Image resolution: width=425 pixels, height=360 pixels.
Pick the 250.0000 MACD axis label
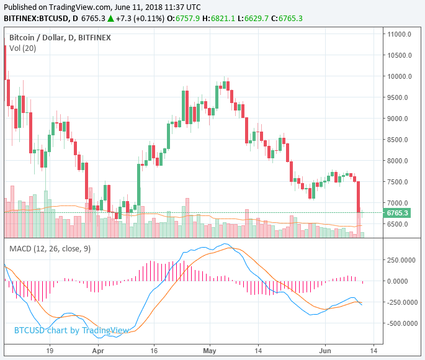point(403,259)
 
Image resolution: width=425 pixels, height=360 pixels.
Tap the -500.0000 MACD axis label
point(401,323)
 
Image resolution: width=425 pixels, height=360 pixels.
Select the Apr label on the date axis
point(97,350)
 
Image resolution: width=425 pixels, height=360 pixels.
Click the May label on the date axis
point(210,350)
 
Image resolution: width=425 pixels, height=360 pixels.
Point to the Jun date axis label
point(325,350)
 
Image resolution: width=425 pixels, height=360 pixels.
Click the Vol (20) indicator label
point(22,48)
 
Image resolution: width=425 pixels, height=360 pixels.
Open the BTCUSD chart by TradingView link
point(71,330)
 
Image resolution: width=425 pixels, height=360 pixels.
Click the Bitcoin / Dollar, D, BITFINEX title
point(60,37)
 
